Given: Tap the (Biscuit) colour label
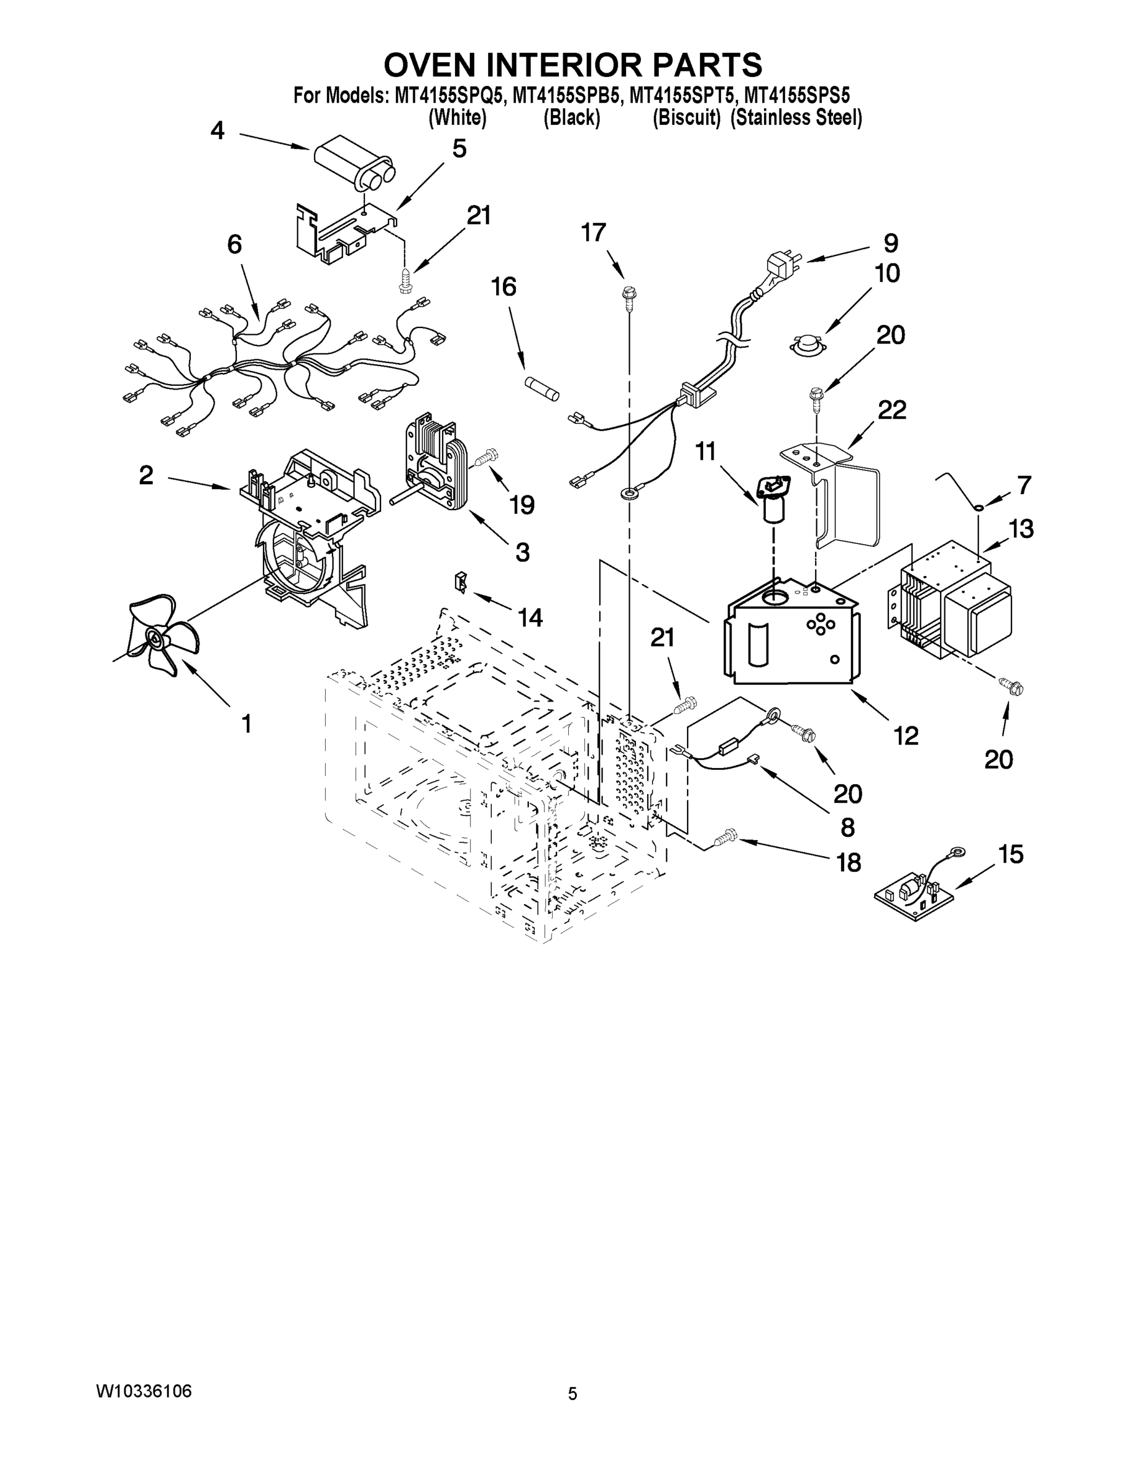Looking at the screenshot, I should (x=686, y=118).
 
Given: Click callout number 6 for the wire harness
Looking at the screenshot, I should (x=234, y=245).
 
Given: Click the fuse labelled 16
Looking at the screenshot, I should (x=542, y=390).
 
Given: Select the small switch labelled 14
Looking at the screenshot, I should (x=460, y=580).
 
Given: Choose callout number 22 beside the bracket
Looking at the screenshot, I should (x=891, y=410).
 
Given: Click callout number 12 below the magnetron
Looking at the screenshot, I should (x=905, y=736).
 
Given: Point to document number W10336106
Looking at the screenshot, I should (x=143, y=1391).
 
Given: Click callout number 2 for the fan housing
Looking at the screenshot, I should (x=146, y=476).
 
